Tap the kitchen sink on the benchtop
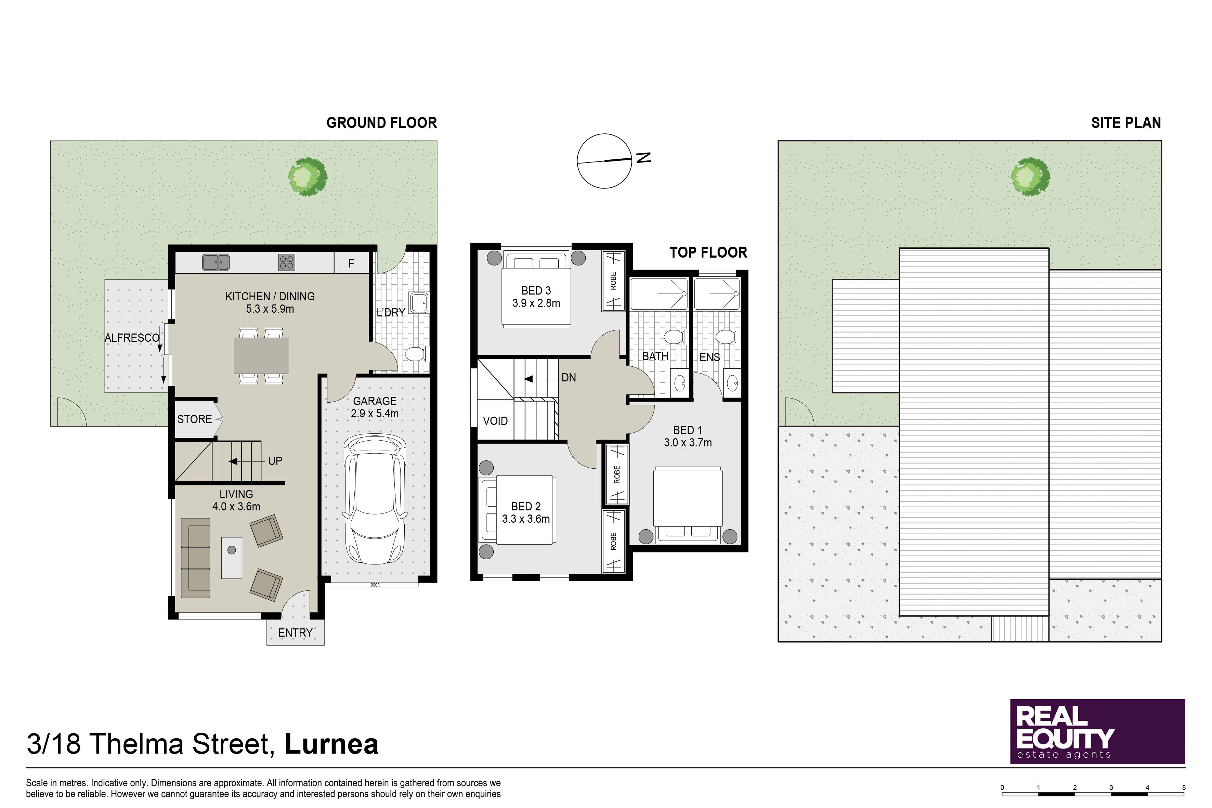tap(216, 262)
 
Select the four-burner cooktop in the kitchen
tap(287, 262)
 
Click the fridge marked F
tap(351, 263)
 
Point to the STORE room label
tap(195, 419)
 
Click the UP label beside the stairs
tap(275, 461)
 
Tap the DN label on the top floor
tap(569, 378)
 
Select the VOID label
tap(495, 421)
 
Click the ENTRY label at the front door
tap(295, 633)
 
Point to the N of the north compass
tap(643, 157)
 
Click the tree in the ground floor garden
tap(307, 177)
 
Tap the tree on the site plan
tap(1031, 177)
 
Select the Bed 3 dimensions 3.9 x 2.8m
tap(536, 303)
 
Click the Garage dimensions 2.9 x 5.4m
tap(375, 413)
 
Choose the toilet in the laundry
tap(415, 354)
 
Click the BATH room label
tap(655, 356)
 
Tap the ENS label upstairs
tap(709, 357)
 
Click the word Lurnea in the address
tap(331, 744)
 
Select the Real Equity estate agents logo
tap(1098, 731)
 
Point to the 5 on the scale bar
tap(1184, 787)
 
